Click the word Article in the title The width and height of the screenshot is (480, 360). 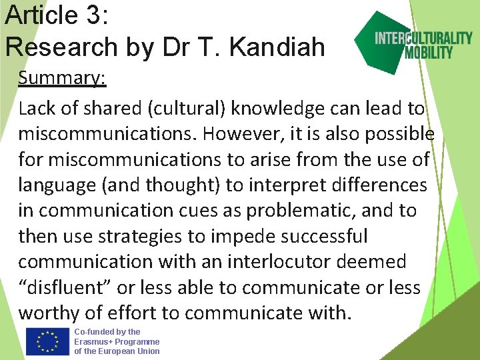[x=41, y=15]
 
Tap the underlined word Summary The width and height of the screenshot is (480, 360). [x=62, y=78]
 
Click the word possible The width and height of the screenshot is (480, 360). [x=399, y=133]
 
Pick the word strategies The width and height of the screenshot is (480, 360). [x=143, y=236]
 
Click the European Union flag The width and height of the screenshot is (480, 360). [x=47, y=341]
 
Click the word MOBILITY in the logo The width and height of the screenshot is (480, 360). [x=429, y=52]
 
